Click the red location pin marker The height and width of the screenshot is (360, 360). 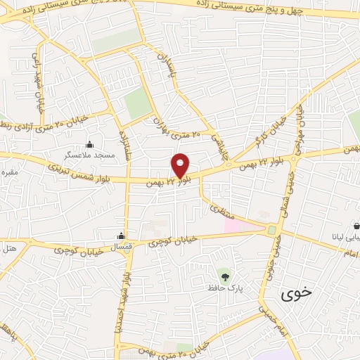(181, 165)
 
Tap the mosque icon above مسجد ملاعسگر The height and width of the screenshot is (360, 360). (89, 144)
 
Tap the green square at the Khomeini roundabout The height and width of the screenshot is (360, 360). (271, 230)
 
